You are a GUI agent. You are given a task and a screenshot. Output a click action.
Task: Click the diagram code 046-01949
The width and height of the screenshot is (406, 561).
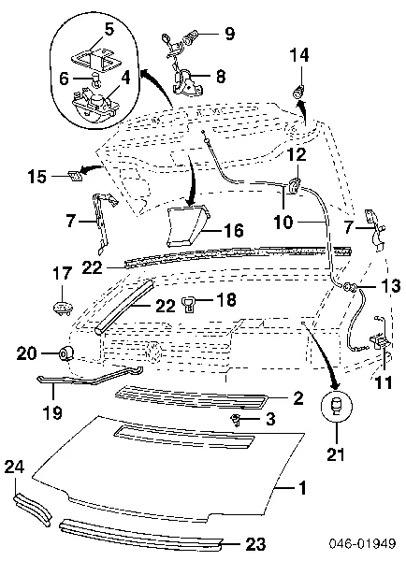click(x=362, y=543)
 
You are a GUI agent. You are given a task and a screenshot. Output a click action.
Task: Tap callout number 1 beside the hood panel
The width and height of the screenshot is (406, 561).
click(x=303, y=488)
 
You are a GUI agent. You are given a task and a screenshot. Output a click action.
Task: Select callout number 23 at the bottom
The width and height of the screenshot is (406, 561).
click(x=255, y=544)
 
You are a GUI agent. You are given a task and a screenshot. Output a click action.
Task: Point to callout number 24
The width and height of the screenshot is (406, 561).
click(x=14, y=467)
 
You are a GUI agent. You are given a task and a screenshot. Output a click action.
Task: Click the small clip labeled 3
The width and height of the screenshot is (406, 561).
click(x=236, y=419)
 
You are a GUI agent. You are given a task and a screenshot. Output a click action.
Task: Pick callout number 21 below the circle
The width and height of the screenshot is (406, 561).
click(x=336, y=454)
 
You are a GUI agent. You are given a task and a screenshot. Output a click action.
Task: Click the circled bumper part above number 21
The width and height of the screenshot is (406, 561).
click(x=337, y=407)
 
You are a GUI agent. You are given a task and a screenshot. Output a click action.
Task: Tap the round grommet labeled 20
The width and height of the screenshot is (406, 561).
click(x=65, y=353)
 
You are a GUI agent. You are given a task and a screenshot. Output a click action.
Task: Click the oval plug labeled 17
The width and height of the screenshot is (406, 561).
click(x=63, y=308)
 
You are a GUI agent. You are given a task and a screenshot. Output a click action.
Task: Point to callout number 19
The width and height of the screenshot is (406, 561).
click(x=52, y=412)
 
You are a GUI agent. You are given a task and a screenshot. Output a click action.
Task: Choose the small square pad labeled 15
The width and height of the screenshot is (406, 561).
click(x=75, y=176)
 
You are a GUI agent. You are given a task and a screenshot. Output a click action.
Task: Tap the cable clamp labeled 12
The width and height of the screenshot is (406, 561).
click(x=294, y=185)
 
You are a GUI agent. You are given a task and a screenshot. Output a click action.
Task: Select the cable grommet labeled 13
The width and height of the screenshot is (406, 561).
click(x=350, y=287)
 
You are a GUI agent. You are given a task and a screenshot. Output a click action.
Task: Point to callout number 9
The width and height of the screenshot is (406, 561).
click(x=229, y=34)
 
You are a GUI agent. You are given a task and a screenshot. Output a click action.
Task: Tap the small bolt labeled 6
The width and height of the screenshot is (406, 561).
click(x=96, y=80)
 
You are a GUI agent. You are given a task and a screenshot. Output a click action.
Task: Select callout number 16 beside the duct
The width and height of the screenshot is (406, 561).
click(x=234, y=230)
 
